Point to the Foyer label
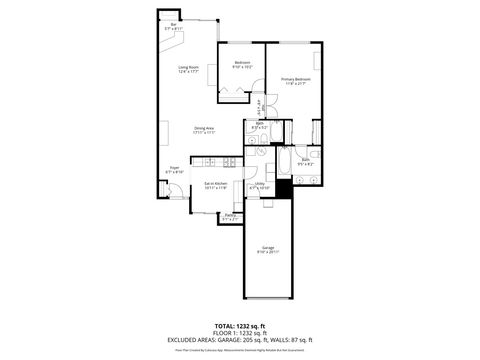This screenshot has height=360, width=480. pos(174,169)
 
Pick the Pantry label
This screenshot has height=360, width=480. pos(230,216)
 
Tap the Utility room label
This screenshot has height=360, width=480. pos(258,185)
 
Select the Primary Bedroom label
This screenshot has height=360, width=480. pos(295,81)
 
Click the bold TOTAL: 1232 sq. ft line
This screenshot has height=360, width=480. pos(240,326)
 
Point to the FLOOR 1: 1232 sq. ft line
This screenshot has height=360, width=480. pos(240,333)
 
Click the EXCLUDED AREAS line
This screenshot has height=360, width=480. pos(240,340)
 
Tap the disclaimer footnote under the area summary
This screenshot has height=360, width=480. pos(240,348)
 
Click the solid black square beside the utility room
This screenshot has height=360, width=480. pos(283,188)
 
